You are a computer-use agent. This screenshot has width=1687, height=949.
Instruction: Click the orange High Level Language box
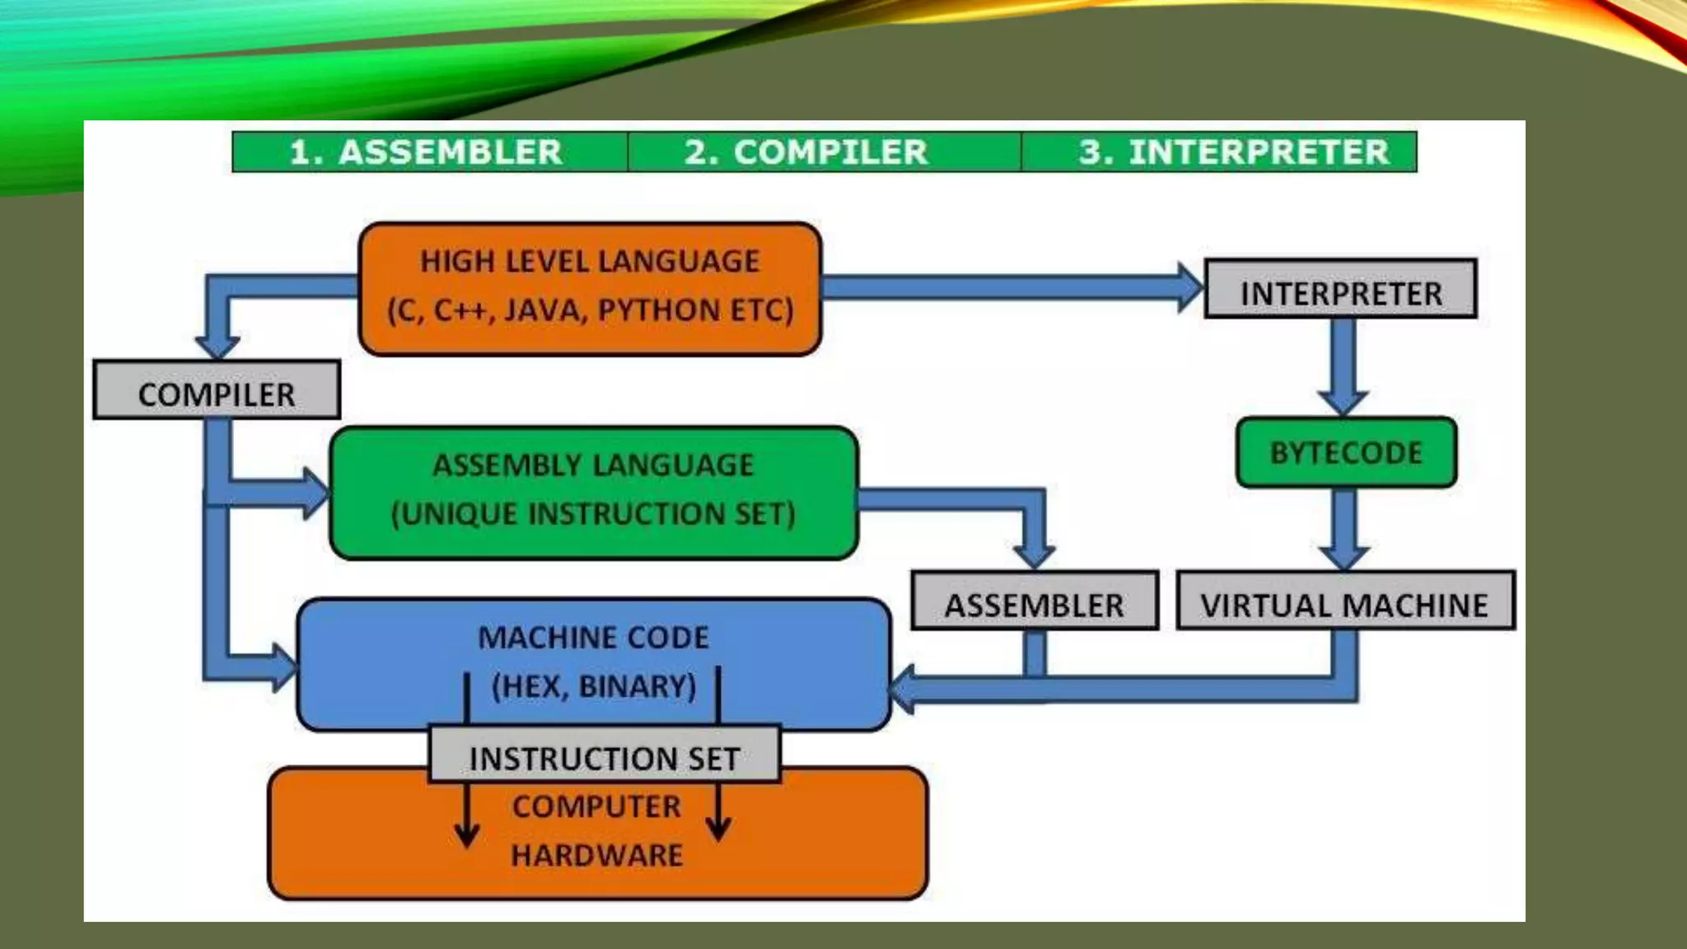[590, 288]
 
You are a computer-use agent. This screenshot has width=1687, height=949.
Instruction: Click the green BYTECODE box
[1346, 453]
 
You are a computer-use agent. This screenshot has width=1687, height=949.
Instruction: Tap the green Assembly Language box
[593, 492]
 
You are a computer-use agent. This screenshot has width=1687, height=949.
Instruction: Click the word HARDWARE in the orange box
[596, 855]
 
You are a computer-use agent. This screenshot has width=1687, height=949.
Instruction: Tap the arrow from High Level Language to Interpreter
[1005, 287]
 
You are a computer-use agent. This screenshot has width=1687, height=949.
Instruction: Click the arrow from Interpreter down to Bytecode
[1343, 362]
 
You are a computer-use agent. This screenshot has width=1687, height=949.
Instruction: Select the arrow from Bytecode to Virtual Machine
[1344, 527]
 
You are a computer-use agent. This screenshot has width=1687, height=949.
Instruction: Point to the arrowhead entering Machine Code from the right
[903, 689]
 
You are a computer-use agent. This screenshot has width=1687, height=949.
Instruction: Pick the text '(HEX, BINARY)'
[593, 686]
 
